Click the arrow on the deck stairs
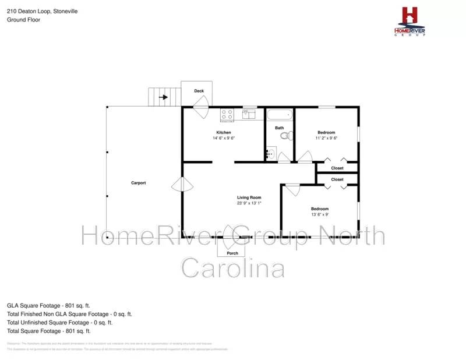pos(164,97)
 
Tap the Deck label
pos(199,91)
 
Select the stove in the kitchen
pos(227,114)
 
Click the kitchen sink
pos(249,114)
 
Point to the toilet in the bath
pos(285,136)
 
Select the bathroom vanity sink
pos(270,154)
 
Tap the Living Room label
pos(249,197)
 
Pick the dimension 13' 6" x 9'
pos(319,214)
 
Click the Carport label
pos(138,183)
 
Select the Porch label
pos(232,253)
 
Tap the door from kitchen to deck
pos(201,108)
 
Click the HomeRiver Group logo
pos(410,22)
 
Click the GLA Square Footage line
pos(48,305)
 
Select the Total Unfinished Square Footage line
pos(59,322)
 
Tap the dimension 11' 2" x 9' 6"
pos(326,138)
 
